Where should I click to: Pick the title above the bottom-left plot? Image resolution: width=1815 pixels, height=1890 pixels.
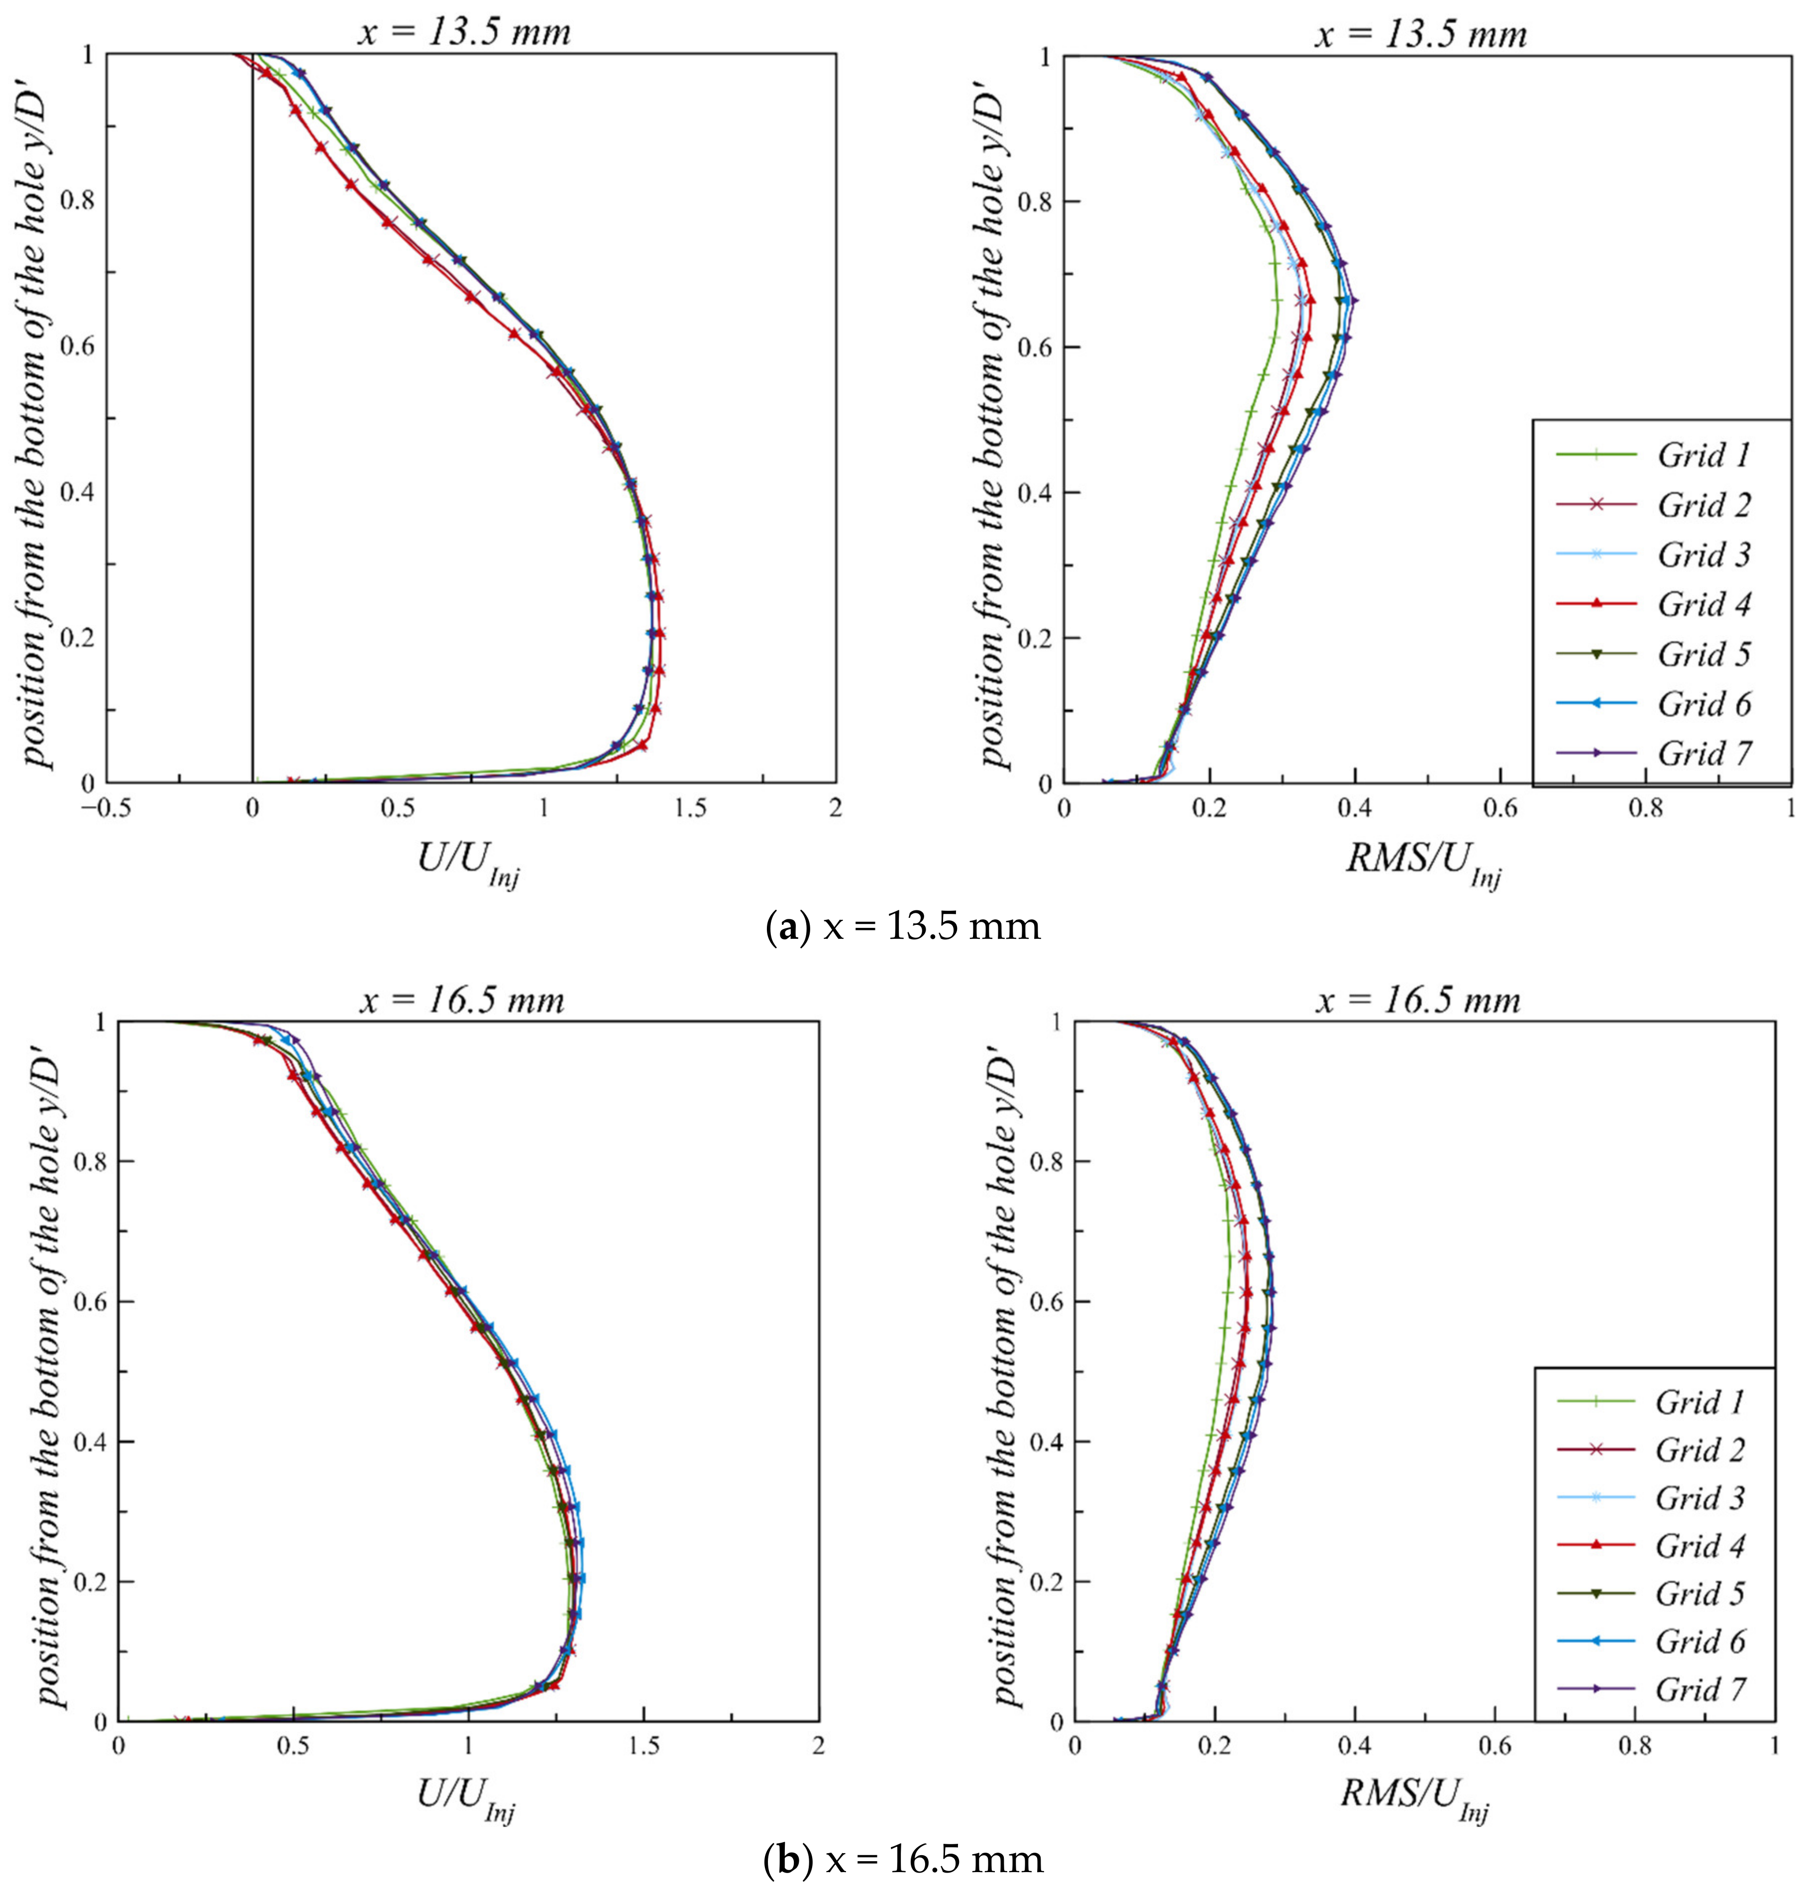463,1000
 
